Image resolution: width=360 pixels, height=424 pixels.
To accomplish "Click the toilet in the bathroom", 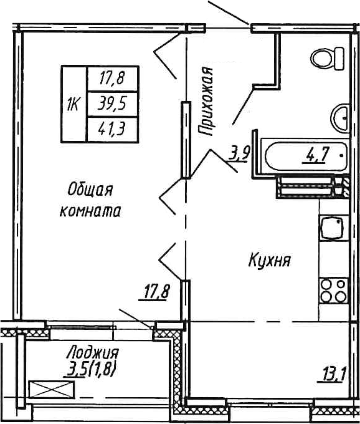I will [x=327, y=58].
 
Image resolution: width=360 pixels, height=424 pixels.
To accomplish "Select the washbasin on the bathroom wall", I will [x=341, y=116].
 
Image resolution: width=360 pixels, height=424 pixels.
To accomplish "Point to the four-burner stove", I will [x=333, y=290].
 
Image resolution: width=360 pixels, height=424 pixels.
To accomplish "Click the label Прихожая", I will [x=208, y=101].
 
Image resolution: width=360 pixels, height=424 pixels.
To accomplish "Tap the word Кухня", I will [x=270, y=259].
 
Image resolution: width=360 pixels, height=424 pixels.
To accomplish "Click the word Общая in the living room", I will [x=88, y=189].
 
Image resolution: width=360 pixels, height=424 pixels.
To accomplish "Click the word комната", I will [x=90, y=211].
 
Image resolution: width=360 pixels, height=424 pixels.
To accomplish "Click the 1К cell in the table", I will [x=72, y=104].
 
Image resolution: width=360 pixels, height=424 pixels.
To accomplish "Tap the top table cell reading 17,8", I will [x=112, y=79].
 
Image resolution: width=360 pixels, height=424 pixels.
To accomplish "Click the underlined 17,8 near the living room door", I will [x=154, y=292].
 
